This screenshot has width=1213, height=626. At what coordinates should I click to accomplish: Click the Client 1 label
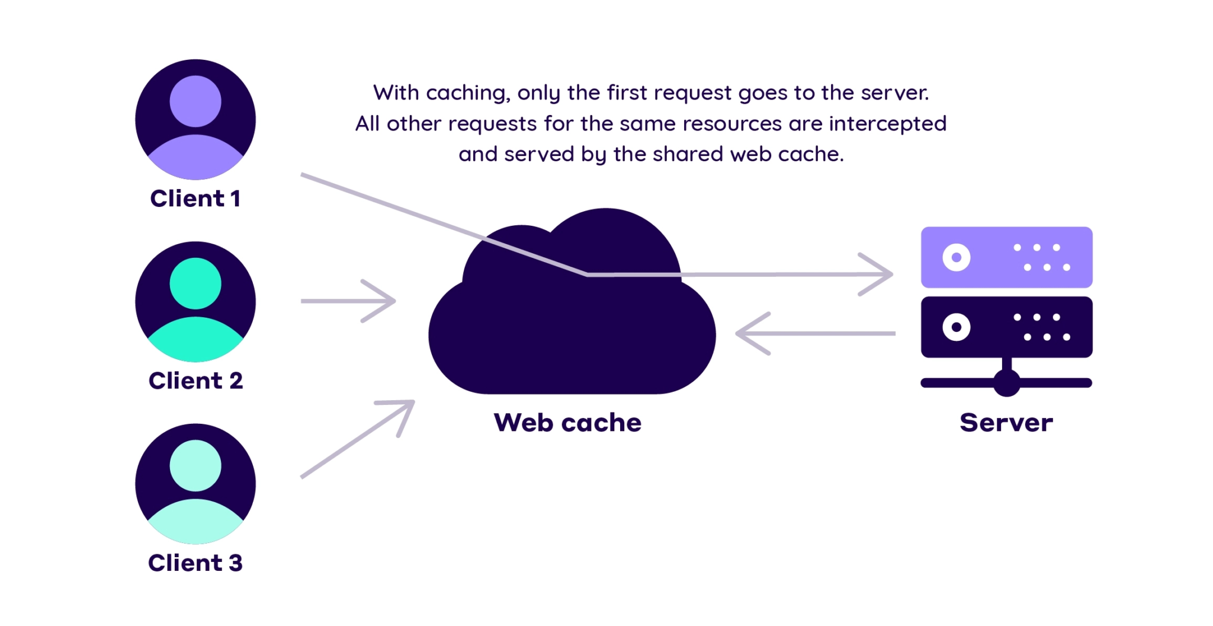tap(195, 199)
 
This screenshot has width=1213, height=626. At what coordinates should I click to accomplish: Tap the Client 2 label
tap(195, 381)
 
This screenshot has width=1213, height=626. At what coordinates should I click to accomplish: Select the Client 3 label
tap(195, 563)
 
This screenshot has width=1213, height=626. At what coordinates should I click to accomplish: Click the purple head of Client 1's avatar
tap(195, 101)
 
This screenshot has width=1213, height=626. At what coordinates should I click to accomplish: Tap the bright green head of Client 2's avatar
tap(195, 283)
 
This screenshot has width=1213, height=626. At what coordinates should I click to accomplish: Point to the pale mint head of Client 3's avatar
tap(195, 465)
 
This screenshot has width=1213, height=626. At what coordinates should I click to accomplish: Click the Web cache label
tap(567, 423)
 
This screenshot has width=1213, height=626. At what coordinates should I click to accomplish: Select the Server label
tap(1006, 423)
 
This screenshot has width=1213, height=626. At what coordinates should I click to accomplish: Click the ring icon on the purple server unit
tap(956, 257)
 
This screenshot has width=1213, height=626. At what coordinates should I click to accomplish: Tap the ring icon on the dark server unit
tap(956, 327)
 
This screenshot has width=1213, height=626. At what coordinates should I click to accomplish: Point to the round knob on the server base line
tap(1006, 383)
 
